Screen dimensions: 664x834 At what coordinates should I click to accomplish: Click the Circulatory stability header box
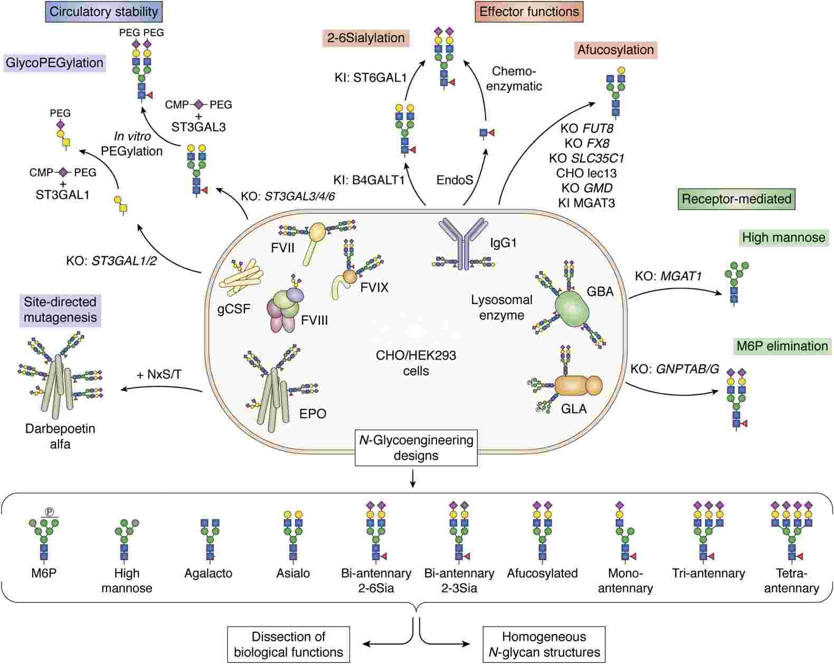coord(104,11)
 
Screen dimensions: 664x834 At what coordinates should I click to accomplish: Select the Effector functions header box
coord(529,12)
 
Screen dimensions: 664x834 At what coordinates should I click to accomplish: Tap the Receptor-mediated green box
coord(736,199)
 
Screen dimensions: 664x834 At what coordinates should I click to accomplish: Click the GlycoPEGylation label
coord(54,63)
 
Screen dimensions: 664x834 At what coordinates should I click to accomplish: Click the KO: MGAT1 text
coord(668,275)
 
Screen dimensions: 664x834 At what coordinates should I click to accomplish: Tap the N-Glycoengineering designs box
coord(416,448)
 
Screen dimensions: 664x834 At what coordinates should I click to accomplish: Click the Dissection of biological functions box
coord(288,644)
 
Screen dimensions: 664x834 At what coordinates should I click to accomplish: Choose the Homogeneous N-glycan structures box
coord(544,644)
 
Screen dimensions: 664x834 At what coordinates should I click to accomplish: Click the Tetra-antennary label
coord(791,581)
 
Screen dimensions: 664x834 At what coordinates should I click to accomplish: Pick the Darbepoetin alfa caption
coord(60,436)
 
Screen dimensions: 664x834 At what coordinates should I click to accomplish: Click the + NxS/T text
coord(159,374)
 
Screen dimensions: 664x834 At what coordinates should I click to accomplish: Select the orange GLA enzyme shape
coord(577,386)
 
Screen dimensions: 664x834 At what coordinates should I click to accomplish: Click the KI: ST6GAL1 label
coord(371,78)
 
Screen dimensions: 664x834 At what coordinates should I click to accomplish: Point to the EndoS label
coord(454,180)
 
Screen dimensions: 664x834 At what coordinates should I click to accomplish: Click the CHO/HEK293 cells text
coord(416,363)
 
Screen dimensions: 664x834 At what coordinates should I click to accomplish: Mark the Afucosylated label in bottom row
coord(542,573)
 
